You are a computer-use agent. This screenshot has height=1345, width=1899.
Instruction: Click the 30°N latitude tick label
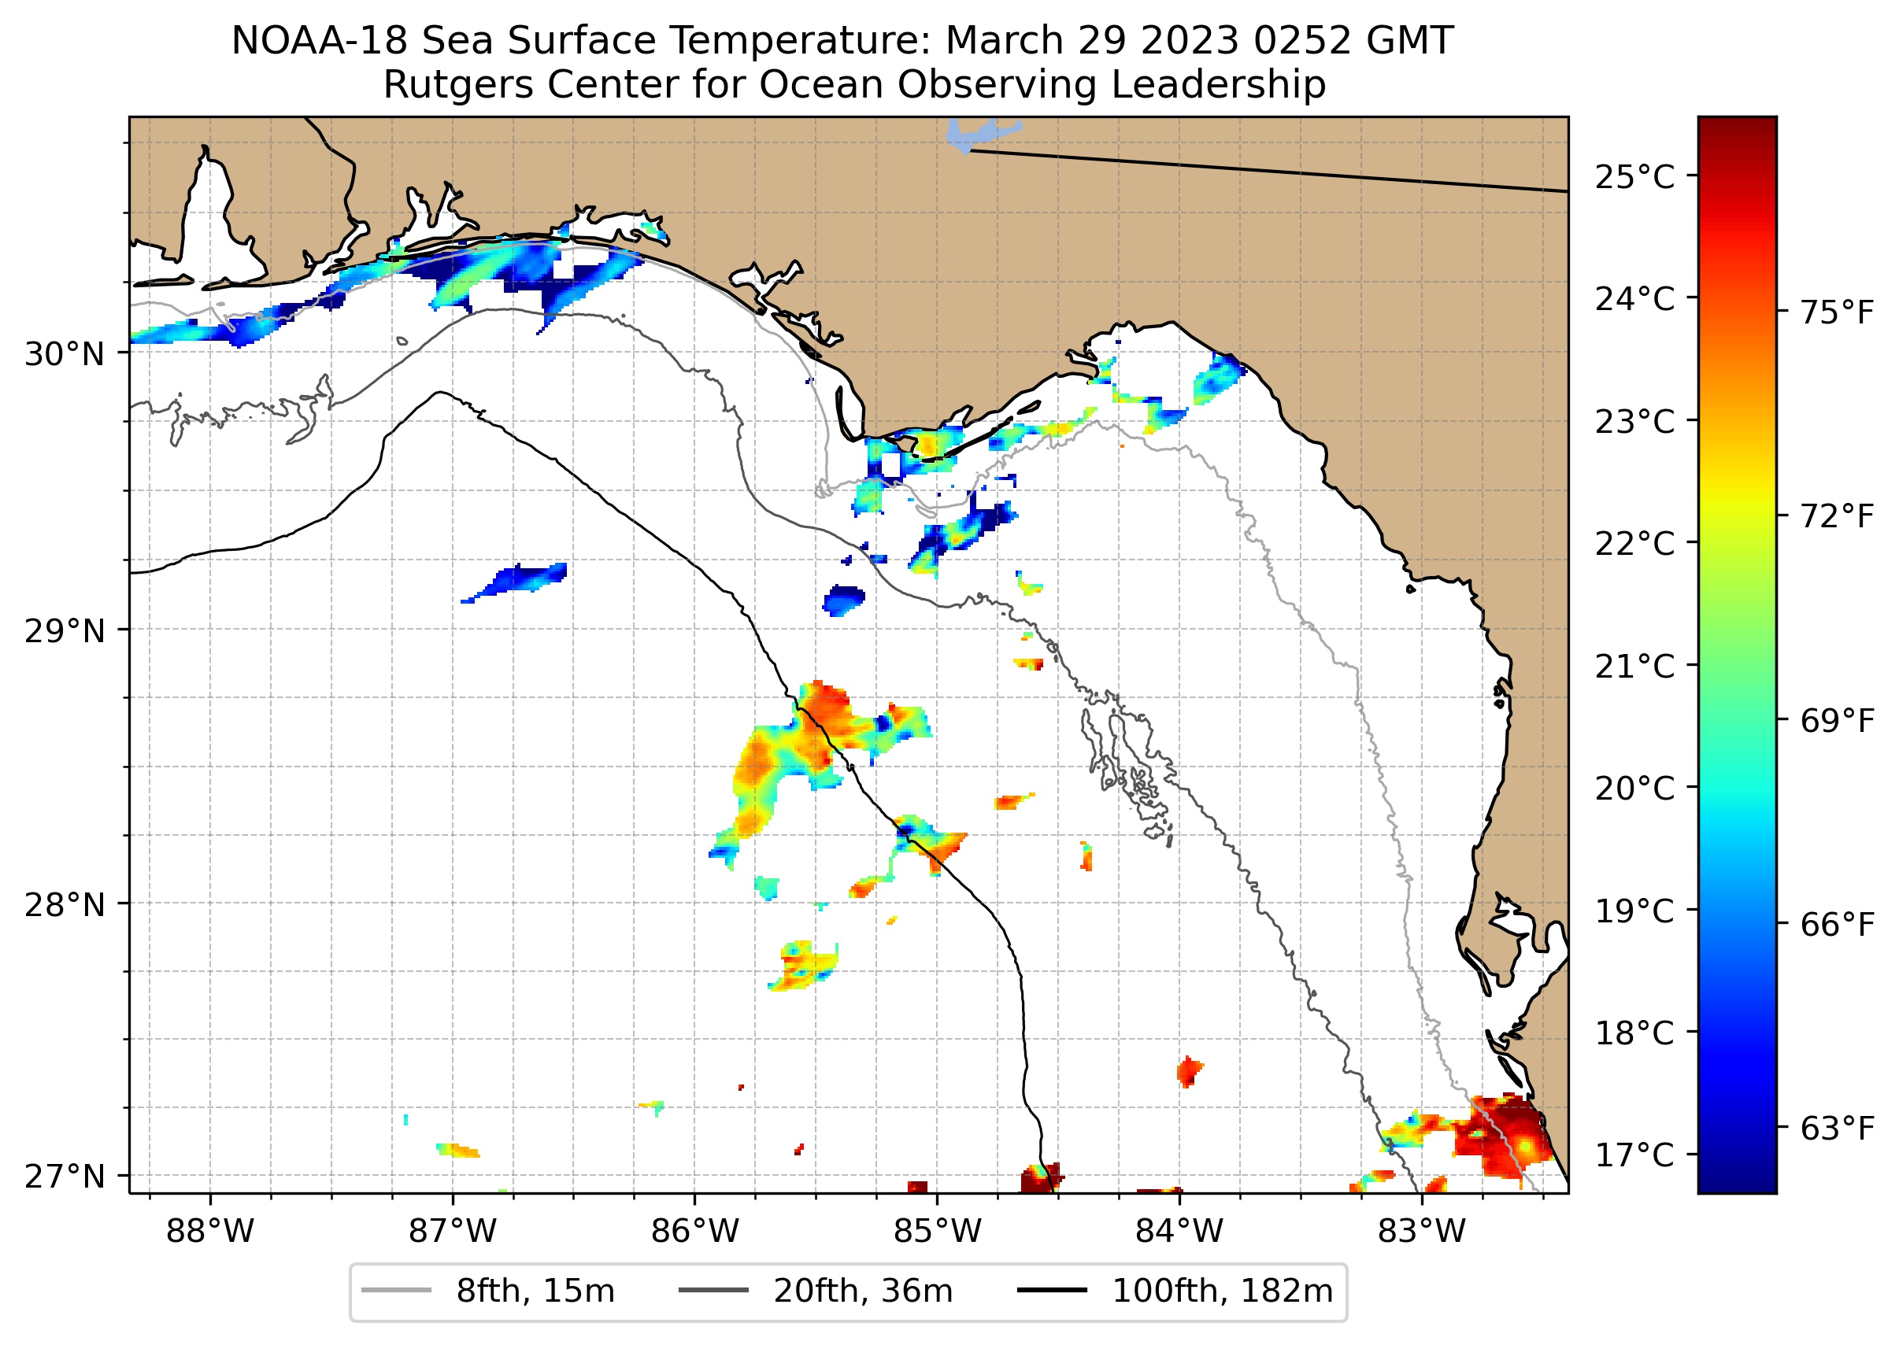(x=65, y=354)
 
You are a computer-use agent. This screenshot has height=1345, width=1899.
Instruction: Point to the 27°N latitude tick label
(x=65, y=1176)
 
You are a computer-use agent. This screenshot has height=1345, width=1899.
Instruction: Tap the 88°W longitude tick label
(x=209, y=1232)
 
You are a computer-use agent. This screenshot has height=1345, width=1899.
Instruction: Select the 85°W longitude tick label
(x=937, y=1232)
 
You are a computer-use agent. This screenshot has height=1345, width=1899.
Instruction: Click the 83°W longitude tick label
(x=1422, y=1232)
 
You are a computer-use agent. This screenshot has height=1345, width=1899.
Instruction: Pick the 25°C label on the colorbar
(x=1634, y=177)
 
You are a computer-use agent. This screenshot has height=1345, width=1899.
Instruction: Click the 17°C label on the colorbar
(x=1634, y=1155)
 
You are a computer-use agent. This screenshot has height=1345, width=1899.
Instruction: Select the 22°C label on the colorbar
(x=1634, y=544)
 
